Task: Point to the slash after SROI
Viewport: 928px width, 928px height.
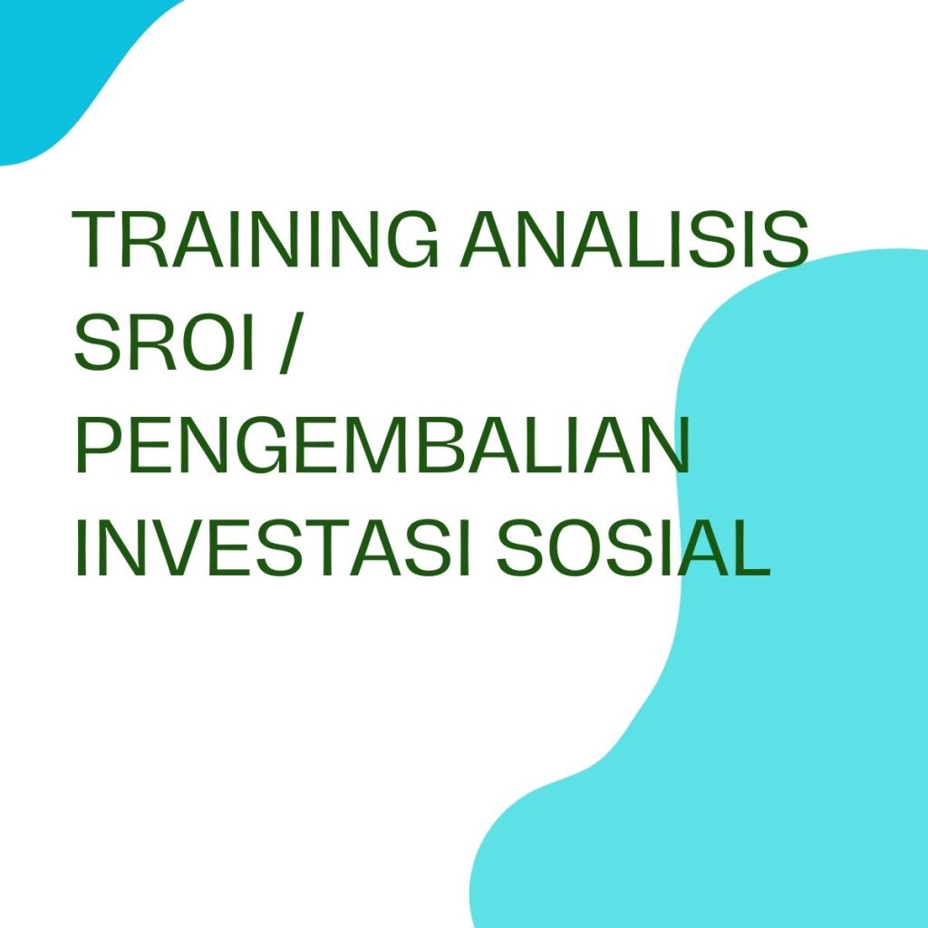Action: coord(289,344)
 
